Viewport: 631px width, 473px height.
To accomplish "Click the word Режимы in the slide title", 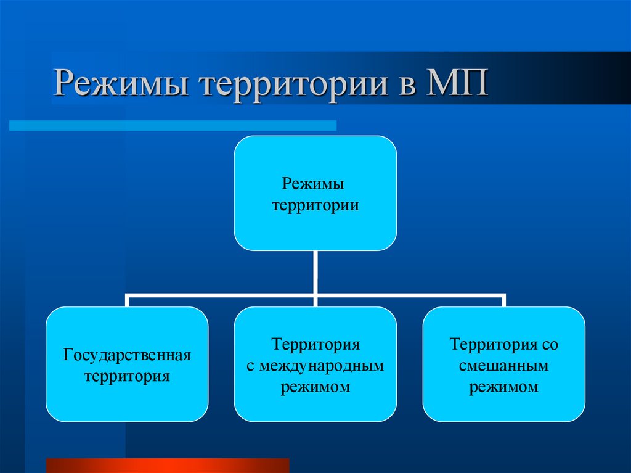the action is tap(121, 83).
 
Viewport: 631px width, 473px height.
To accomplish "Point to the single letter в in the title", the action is tap(407, 86).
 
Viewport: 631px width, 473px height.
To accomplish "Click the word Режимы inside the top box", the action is tap(313, 184).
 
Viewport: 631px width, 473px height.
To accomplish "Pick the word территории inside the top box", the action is tap(315, 205).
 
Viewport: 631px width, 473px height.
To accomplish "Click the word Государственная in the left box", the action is tap(127, 355).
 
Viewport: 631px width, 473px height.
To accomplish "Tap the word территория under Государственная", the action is tap(127, 376).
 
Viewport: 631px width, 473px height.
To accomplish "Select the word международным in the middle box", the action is tap(321, 366).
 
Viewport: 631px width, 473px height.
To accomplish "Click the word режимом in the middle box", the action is tap(315, 387).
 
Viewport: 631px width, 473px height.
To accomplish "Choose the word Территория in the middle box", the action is tap(315, 345).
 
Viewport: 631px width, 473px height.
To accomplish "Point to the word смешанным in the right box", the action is tap(503, 366).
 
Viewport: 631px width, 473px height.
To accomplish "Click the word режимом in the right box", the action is tap(503, 387).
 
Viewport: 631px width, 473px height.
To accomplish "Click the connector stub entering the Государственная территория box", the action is tap(127, 300).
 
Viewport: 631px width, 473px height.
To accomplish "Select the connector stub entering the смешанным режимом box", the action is tap(503, 300).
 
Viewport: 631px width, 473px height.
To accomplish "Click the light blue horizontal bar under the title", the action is tap(173, 125).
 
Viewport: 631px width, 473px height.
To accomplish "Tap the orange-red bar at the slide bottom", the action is tap(168, 466).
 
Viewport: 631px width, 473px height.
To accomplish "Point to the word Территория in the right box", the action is tap(494, 345).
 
